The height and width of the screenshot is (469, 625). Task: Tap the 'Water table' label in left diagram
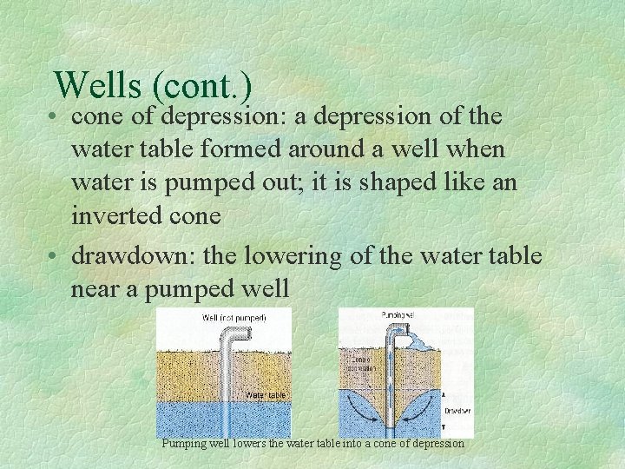265,395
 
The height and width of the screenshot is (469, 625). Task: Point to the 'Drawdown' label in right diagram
457,410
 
